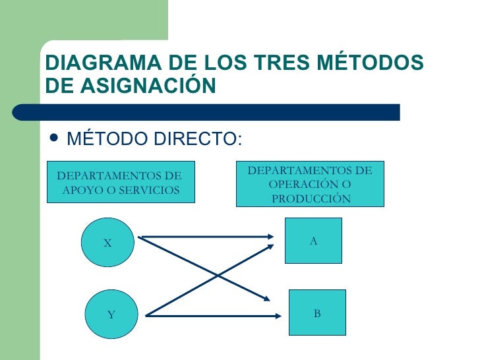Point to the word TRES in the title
[282, 62]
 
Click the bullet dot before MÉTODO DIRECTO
[53, 137]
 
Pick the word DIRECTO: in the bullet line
[198, 138]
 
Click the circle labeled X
[107, 242]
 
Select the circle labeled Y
[111, 314]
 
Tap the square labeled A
[313, 241]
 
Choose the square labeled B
[317, 313]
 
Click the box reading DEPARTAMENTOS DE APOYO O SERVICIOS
[121, 182]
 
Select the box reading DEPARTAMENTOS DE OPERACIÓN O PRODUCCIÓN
[310, 184]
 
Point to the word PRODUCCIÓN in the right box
[311, 198]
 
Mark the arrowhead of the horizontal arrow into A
[270, 237]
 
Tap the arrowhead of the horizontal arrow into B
[278, 316]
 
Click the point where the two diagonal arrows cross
[218, 276]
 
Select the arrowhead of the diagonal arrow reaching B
[266, 299]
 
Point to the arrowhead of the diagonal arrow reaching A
[270, 247]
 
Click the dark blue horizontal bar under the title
[206, 112]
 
